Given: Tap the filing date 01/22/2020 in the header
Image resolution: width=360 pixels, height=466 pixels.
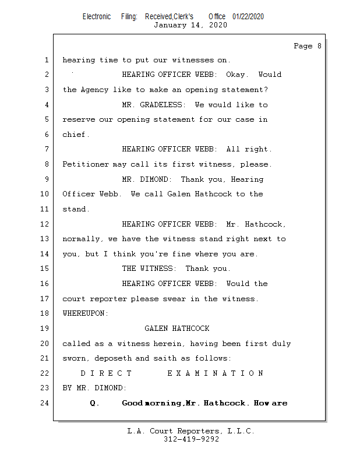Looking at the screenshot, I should [x=248, y=16].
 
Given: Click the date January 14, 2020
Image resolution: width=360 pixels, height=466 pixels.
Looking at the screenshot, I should [x=190, y=25].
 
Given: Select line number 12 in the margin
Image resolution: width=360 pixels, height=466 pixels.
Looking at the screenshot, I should [x=45, y=224].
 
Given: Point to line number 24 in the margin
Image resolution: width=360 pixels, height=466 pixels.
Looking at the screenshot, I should [x=45, y=403].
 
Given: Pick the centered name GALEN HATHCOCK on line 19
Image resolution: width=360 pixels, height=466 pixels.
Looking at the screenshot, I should [x=177, y=329].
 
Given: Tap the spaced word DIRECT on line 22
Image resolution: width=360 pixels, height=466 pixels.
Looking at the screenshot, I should [x=107, y=373].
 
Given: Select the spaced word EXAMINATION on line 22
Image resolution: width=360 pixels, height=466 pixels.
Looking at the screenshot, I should [x=216, y=373].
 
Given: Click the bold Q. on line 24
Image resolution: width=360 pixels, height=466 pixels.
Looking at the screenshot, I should [x=95, y=403].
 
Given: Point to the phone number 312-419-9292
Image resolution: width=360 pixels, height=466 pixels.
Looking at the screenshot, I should [x=191, y=439].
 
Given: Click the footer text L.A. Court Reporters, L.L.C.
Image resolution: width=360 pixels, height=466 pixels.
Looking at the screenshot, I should [x=191, y=431].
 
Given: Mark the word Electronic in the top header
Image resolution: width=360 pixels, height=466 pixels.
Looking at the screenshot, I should [x=97, y=16].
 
